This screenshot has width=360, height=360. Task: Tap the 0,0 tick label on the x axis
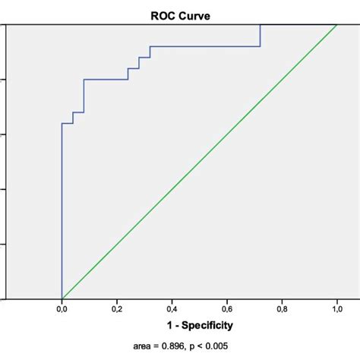[x=62, y=309]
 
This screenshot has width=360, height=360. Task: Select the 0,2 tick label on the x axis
[x=117, y=309]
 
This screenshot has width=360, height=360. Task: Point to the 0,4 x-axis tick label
[x=172, y=309]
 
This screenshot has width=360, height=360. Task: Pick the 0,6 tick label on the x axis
[x=227, y=309]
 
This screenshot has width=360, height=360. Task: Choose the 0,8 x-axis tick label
[x=282, y=309]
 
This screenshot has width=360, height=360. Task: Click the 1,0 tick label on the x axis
[x=336, y=309]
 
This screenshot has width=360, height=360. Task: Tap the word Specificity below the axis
[x=205, y=324]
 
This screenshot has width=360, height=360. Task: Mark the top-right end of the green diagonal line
[x=336, y=24]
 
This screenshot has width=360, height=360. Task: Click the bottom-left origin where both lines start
[x=62, y=298]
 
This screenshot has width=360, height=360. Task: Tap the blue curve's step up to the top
[x=261, y=36]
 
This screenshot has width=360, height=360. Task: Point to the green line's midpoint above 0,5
[x=199, y=161]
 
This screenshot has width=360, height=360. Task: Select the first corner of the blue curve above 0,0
[x=62, y=123]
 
